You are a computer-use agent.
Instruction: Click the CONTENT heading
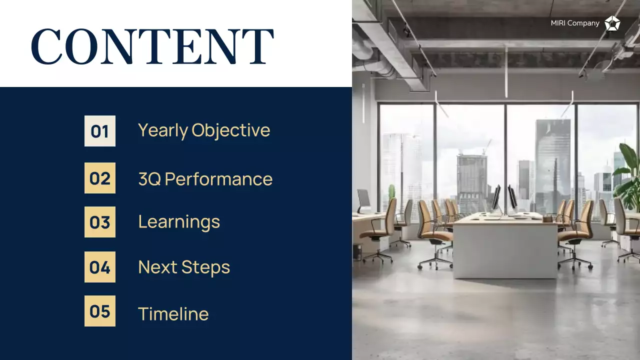tap(152, 46)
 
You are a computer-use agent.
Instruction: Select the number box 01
tap(100, 131)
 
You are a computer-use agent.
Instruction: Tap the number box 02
tap(100, 178)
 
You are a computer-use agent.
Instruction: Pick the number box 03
tap(100, 222)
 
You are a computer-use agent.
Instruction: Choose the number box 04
tap(100, 267)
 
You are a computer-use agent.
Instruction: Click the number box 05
tap(100, 311)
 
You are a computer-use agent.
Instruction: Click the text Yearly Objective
tap(204, 130)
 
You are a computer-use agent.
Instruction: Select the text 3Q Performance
tap(205, 179)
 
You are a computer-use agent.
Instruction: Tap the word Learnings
tap(179, 222)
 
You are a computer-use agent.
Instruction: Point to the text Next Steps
tap(184, 267)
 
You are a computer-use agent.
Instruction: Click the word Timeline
tap(173, 314)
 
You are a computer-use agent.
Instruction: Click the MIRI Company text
tap(575, 23)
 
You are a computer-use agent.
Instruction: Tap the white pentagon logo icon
tap(612, 23)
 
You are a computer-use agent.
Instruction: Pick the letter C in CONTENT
tap(46, 46)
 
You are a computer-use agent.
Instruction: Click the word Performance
tap(218, 179)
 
